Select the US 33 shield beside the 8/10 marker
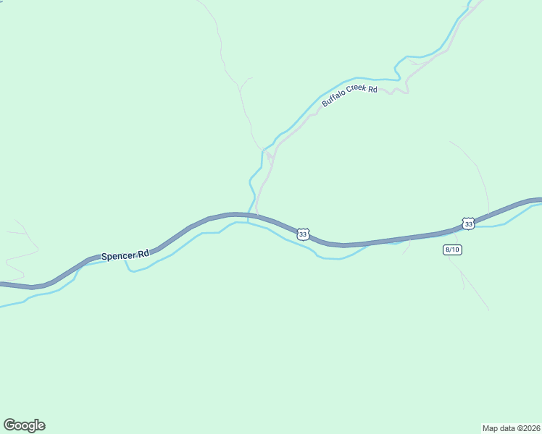click(x=468, y=224)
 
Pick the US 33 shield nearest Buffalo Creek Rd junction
click(x=303, y=234)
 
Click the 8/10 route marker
click(x=452, y=250)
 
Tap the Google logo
click(x=24, y=425)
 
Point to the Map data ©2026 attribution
click(x=512, y=427)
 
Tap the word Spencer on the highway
click(x=118, y=255)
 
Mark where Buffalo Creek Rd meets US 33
click(x=257, y=215)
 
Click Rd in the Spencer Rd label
click(x=143, y=253)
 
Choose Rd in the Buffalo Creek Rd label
click(x=373, y=90)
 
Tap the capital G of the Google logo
click(x=9, y=425)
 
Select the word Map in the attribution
click(x=491, y=427)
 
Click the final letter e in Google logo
click(x=41, y=426)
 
